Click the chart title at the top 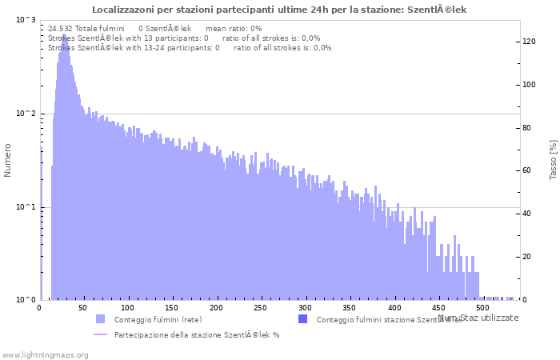(279, 10)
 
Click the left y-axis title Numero (9, 160)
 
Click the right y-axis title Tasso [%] (553, 159)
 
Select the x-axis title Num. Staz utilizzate (478, 318)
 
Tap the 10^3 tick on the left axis (26, 20)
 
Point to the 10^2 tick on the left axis (26, 114)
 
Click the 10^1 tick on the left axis (26, 208)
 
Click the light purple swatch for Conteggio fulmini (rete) (100, 319)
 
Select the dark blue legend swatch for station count (302, 319)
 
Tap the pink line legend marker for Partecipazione (100, 334)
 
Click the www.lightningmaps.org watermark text (45, 354)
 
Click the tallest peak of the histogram (64, 35)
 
